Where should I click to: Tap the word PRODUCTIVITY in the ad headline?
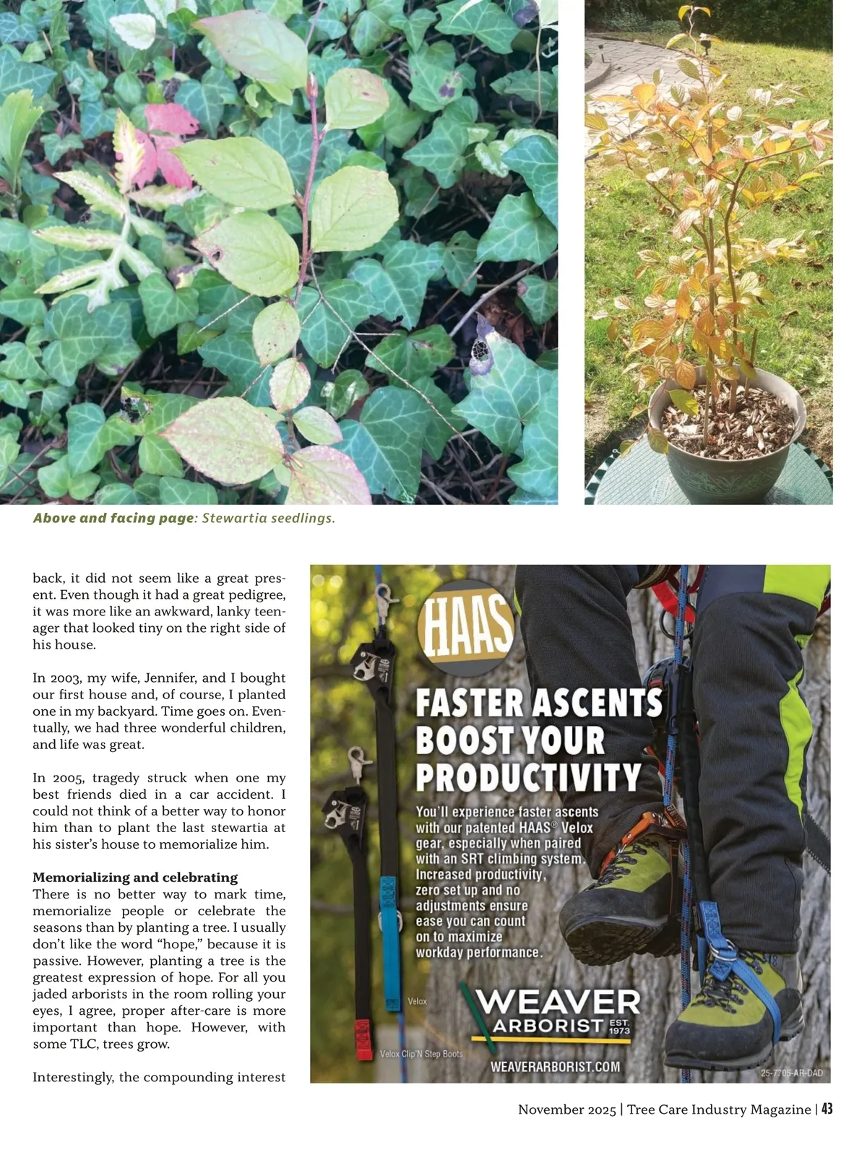tap(528, 777)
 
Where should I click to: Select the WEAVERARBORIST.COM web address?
tap(555, 1067)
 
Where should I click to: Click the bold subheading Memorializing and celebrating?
tap(135, 878)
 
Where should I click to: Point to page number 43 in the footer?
tap(827, 1109)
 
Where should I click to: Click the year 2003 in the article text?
tap(48, 678)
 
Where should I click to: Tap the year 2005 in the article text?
tap(48, 778)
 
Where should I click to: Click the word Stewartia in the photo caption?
tap(233, 519)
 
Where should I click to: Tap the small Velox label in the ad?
tap(418, 1001)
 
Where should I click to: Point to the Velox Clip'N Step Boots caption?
tap(421, 1054)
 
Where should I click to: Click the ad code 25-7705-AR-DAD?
tap(792, 1073)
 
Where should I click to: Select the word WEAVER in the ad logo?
tap(558, 1003)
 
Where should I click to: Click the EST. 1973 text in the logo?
tap(619, 1027)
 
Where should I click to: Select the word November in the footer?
tap(550, 1109)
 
